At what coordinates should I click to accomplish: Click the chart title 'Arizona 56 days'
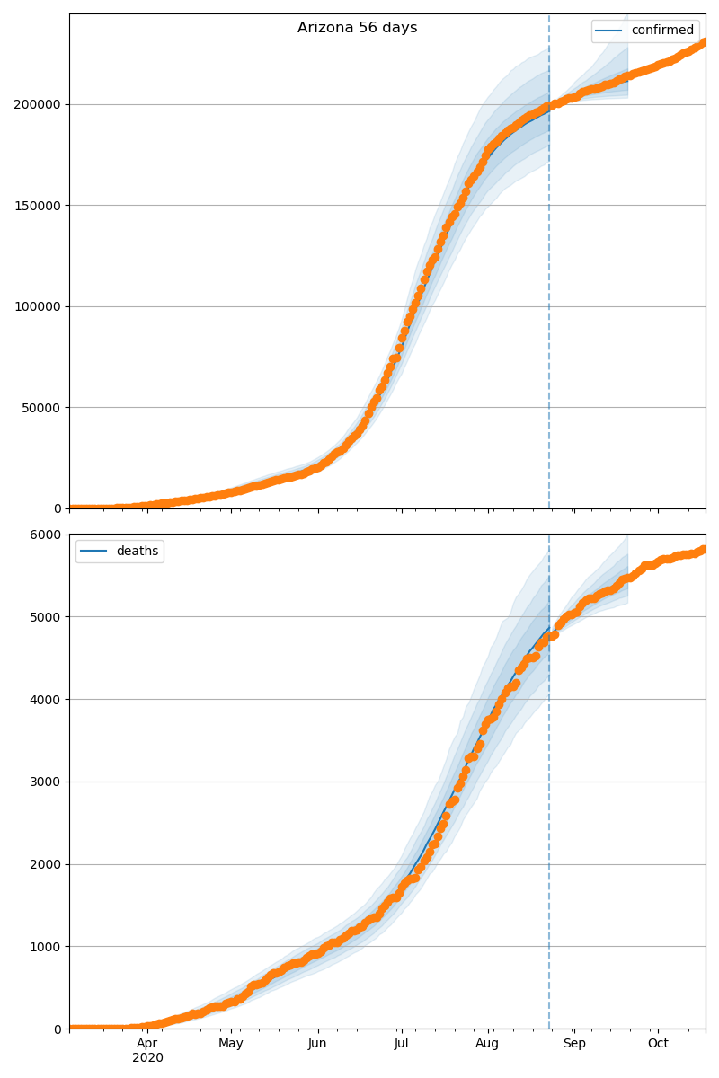click(358, 28)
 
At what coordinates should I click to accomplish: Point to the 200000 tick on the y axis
click(37, 105)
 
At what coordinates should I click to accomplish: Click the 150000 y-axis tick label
click(37, 206)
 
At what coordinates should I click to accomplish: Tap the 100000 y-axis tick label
click(37, 306)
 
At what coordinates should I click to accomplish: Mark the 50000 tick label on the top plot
click(40, 408)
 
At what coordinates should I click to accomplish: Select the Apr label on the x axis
click(147, 1044)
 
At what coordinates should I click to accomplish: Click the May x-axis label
click(231, 1044)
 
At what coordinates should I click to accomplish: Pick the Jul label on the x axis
click(401, 1044)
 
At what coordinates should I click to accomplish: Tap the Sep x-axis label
click(574, 1044)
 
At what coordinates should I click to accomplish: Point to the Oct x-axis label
click(658, 1044)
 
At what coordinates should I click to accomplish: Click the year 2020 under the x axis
click(147, 1058)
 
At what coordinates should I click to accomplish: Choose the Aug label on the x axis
click(487, 1044)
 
